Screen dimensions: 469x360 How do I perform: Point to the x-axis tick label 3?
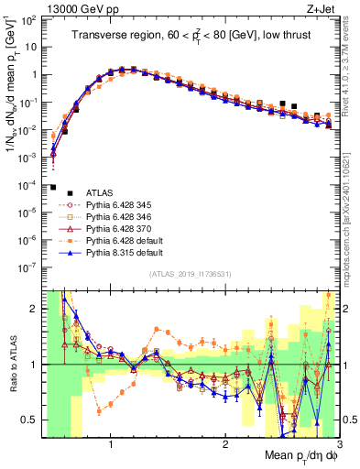pyautogui.click(x=339, y=445)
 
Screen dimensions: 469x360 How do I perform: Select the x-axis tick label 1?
pyautogui.click(x=111, y=445)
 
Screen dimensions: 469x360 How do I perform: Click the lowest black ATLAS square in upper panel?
pyautogui.click(x=53, y=187)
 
